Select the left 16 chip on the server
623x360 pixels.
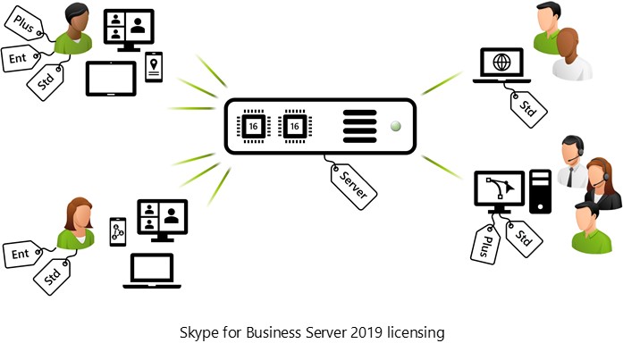point(253,126)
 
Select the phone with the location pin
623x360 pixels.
point(155,66)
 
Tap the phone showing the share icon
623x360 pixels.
point(118,232)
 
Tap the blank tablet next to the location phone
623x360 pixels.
point(111,79)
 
